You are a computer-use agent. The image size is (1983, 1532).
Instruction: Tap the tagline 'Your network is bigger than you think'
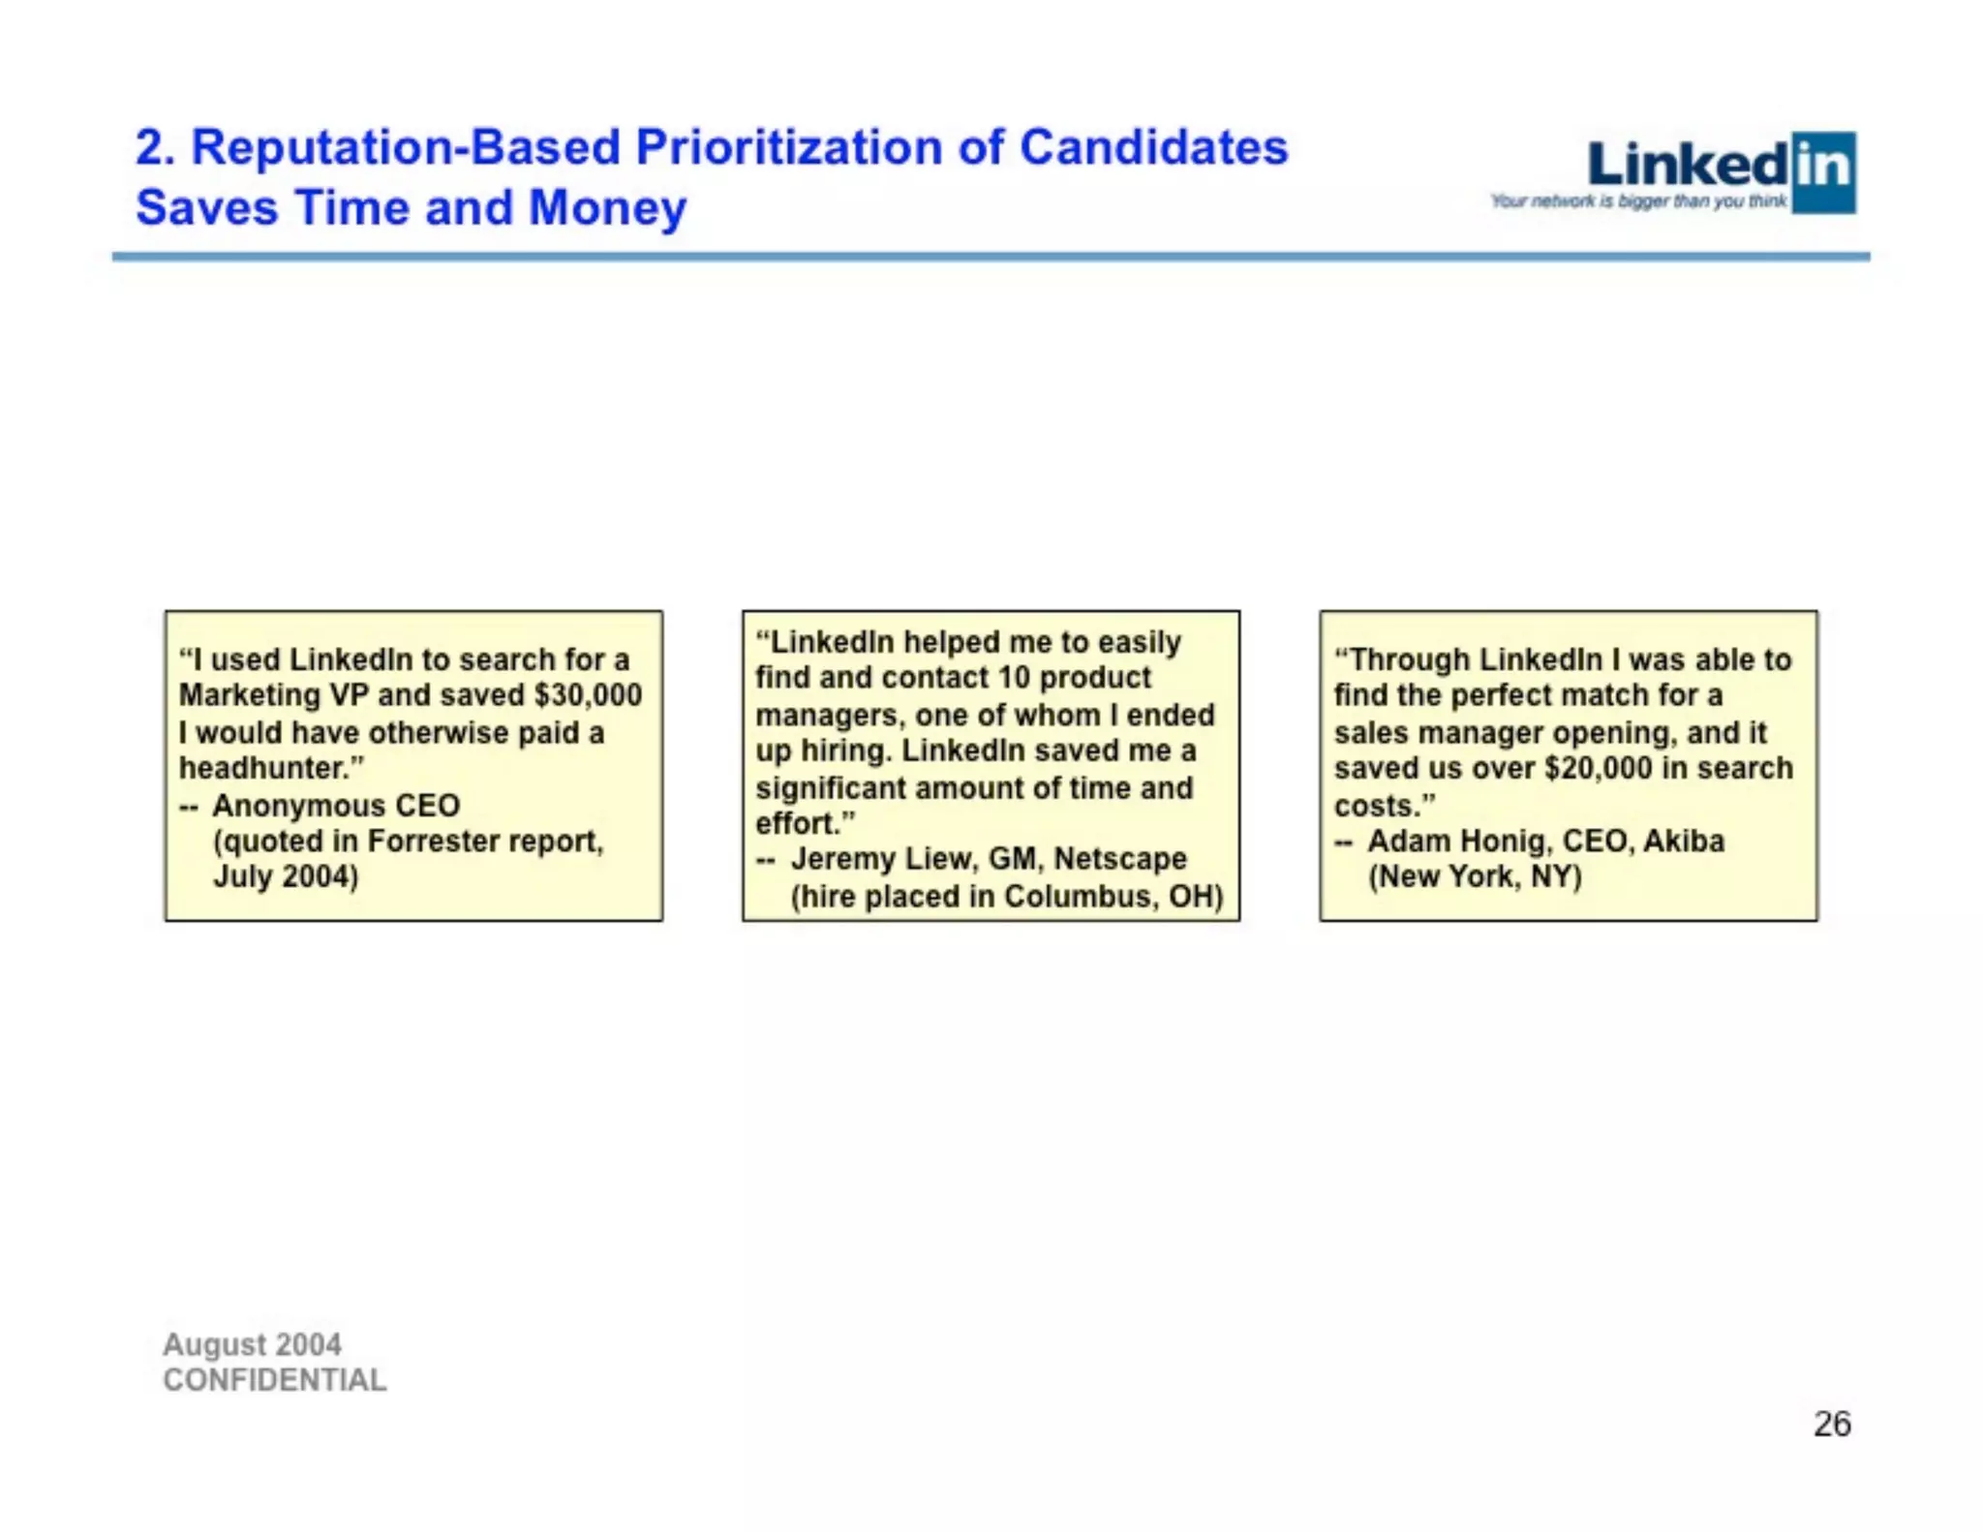1638,201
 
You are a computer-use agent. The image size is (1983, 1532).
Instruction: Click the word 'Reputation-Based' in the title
406,147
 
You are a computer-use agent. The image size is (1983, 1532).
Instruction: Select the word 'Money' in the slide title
607,207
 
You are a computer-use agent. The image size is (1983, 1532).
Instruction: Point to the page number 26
1832,1424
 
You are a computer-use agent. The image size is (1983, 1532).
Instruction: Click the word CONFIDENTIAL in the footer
275,1380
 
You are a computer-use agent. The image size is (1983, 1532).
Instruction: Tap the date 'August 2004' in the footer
252,1344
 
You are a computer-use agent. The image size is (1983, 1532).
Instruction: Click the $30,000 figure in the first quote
588,695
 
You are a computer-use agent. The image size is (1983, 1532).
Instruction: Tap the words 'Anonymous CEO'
336,805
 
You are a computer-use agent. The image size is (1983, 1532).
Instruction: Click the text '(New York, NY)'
1475,876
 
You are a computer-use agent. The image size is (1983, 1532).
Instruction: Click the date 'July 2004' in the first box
283,876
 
